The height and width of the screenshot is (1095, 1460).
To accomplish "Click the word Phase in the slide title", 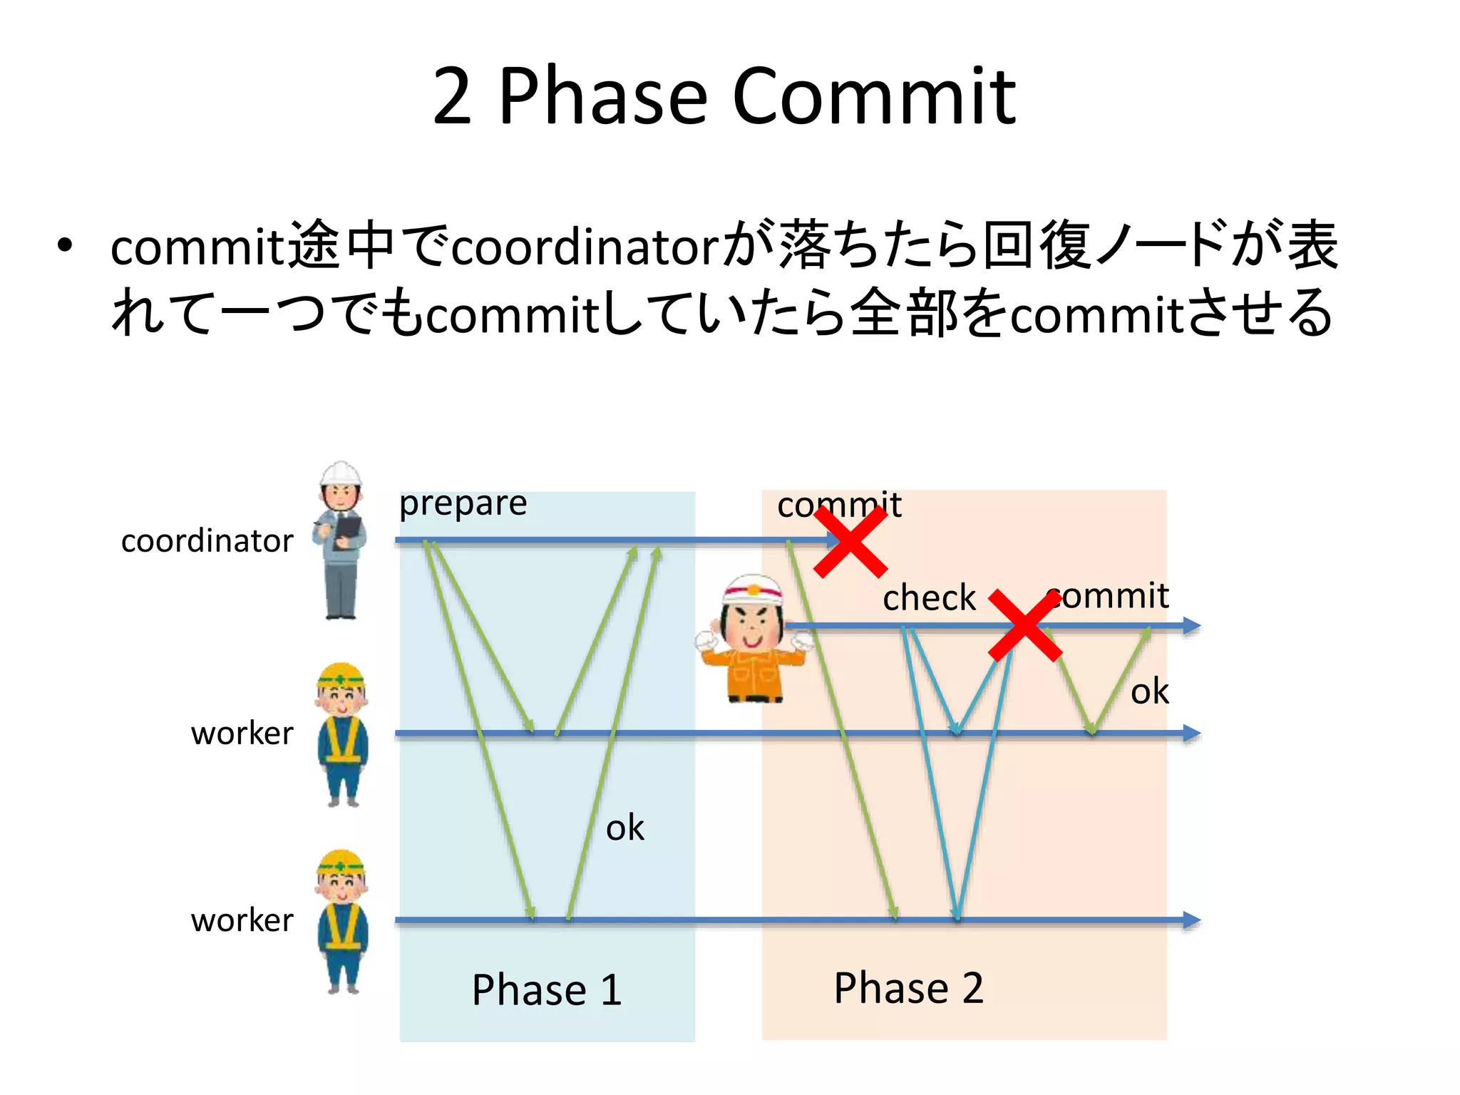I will [602, 96].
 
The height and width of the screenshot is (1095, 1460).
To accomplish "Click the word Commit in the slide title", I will [874, 96].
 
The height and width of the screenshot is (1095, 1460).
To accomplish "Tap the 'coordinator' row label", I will [207, 541].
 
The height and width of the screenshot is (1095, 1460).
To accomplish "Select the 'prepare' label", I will [463, 505].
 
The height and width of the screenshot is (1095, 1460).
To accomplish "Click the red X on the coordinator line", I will [850, 542].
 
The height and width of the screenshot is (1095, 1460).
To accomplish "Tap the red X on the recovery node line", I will [1025, 626].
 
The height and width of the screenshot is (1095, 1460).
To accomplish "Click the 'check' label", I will [928, 597].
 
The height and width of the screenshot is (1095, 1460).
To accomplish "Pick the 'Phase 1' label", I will [547, 989].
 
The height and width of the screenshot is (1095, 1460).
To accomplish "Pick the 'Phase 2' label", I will [908, 988].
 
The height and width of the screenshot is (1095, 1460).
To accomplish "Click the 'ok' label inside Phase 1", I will [624, 828].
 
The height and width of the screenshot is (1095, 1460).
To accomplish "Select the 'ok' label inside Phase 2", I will [1149, 692].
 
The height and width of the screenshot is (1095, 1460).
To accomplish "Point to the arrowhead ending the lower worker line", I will [1192, 920].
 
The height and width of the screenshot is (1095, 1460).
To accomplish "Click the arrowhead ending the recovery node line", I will [1192, 626].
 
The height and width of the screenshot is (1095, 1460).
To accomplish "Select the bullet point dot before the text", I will [66, 245].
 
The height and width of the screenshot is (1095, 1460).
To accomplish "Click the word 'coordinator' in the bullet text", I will [586, 247].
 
